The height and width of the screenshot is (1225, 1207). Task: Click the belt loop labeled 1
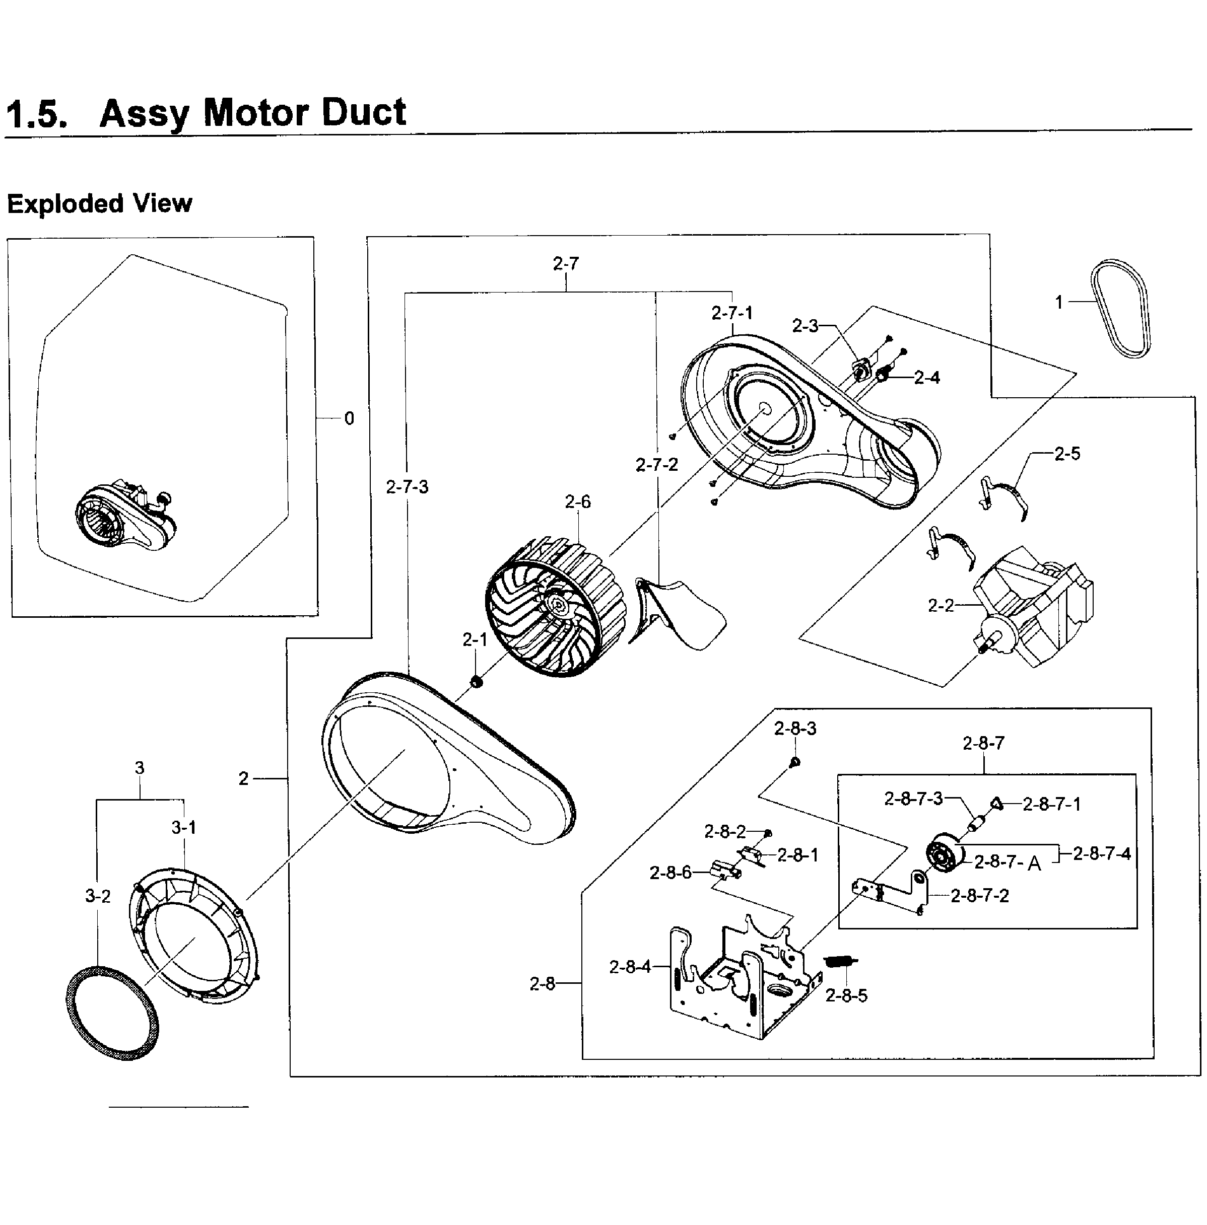(x=1121, y=308)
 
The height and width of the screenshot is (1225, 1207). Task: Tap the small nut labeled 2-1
(x=477, y=682)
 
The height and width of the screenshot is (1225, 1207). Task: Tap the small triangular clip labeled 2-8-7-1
(x=996, y=804)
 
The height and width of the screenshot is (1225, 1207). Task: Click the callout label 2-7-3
(x=407, y=487)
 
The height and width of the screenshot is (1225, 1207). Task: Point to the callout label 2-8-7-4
(x=1102, y=853)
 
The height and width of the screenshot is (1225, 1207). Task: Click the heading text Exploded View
(x=100, y=204)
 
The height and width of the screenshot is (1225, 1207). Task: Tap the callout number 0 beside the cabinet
(x=349, y=418)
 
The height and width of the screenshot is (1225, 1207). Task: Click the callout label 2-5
(x=1067, y=454)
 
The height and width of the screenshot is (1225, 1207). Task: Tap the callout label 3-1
(x=184, y=828)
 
